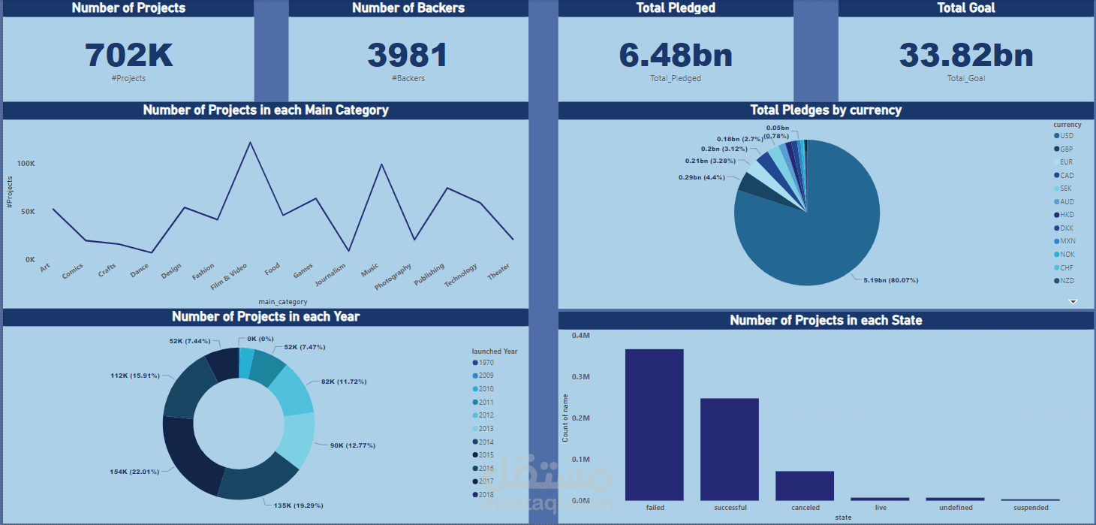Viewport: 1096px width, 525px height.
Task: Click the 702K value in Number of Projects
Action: tap(128, 56)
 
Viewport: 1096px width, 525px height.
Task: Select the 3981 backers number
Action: tap(408, 56)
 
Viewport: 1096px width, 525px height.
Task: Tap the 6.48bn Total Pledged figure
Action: tap(675, 56)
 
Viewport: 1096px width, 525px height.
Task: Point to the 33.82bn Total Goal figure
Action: tap(965, 56)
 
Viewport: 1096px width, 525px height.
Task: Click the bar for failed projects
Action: tap(655, 424)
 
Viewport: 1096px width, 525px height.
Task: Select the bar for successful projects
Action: tap(730, 449)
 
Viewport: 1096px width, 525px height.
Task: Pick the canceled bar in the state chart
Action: tap(805, 485)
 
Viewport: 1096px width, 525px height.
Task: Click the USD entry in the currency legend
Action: tap(1064, 136)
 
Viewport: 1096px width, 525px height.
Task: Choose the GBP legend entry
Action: tap(1064, 149)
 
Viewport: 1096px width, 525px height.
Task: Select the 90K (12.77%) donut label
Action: tap(353, 445)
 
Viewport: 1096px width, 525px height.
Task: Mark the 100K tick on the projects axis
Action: tap(26, 164)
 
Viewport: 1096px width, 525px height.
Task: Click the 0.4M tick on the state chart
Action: tap(580, 336)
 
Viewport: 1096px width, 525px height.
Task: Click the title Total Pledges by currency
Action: tap(826, 110)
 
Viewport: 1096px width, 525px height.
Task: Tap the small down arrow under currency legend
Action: tap(1073, 301)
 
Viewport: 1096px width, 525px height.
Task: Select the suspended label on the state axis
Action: tap(1031, 508)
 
